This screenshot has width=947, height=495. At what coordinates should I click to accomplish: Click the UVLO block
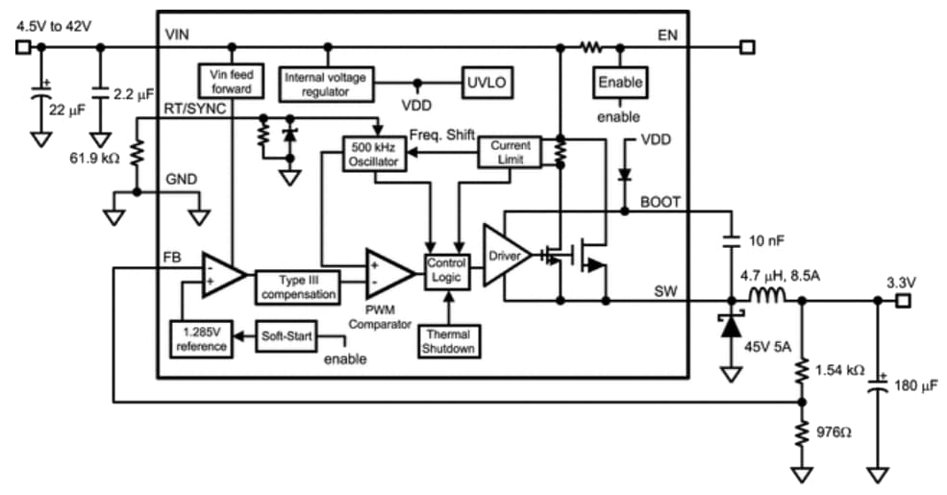pyautogui.click(x=485, y=82)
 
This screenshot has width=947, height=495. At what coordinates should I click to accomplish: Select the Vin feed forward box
pyautogui.click(x=231, y=81)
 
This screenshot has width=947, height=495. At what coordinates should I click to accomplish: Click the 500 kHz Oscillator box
pyautogui.click(x=374, y=155)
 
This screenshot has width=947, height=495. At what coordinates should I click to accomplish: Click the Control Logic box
pyautogui.click(x=446, y=270)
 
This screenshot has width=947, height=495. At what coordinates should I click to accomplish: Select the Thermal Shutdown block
pyautogui.click(x=447, y=342)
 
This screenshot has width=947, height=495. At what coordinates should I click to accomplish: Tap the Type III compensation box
pyautogui.click(x=297, y=286)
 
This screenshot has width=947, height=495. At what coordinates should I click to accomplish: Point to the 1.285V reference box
pyautogui.click(x=201, y=338)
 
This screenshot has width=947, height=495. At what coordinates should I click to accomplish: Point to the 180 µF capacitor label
pyautogui.click(x=916, y=385)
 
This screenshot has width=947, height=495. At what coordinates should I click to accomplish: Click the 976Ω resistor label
pyautogui.click(x=834, y=433)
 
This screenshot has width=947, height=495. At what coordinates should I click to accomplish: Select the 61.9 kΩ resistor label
pyautogui.click(x=94, y=157)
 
